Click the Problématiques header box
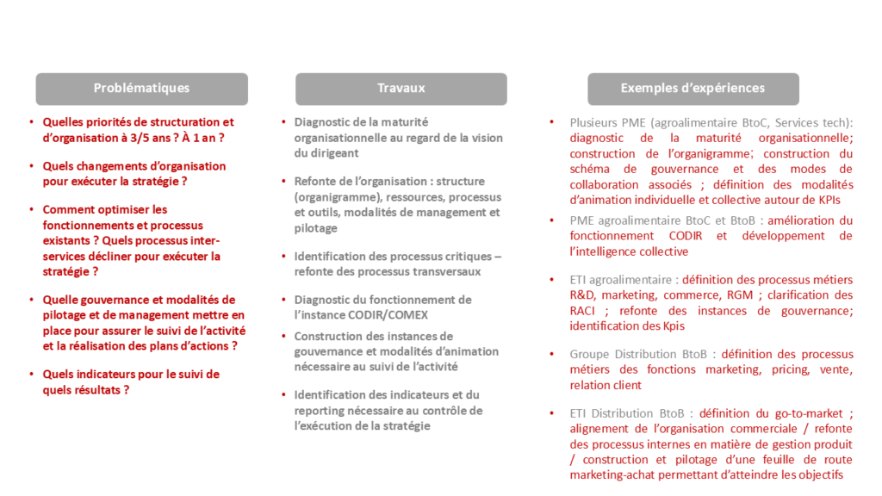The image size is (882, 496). point(141,89)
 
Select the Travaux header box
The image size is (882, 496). point(401,89)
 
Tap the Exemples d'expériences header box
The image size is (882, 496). point(693,89)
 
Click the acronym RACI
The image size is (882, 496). point(584,311)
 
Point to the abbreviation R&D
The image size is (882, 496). point(584,295)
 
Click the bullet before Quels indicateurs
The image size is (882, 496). point(32,375)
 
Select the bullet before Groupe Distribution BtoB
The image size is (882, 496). point(552,354)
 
